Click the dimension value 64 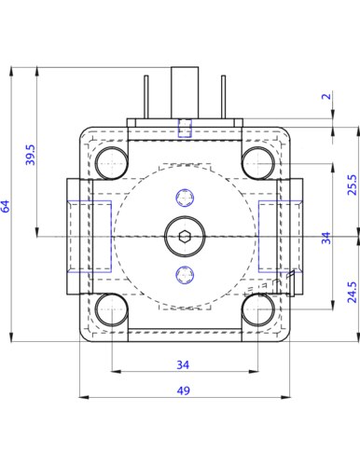[6, 206]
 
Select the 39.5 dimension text [31, 155]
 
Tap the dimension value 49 [183, 391]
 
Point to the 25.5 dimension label [353, 185]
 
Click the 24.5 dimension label [353, 292]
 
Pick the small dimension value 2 [326, 96]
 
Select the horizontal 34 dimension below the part [183, 364]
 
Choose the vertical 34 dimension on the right [326, 238]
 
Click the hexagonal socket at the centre [185, 237]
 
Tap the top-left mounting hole [111, 163]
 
